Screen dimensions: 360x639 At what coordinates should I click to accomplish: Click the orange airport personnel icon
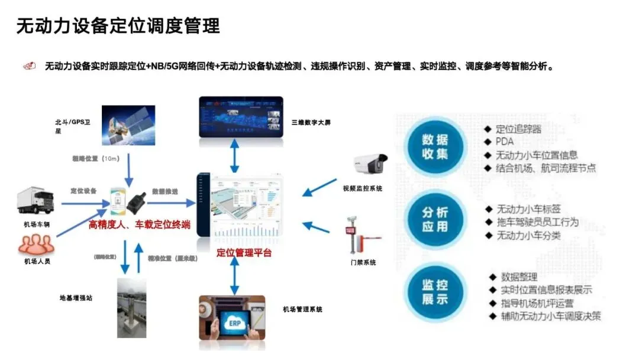37,243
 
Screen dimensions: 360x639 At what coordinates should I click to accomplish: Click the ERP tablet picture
232,323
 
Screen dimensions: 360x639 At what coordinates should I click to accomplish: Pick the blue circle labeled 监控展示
435,291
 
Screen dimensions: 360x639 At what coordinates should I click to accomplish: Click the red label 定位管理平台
244,253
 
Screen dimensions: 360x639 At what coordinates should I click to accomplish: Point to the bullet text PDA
504,142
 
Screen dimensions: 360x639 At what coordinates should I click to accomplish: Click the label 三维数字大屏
311,123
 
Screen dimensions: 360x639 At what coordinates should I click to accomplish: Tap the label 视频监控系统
362,189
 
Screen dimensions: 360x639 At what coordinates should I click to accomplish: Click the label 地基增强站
76,298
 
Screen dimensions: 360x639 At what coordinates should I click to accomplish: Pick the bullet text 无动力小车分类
528,236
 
